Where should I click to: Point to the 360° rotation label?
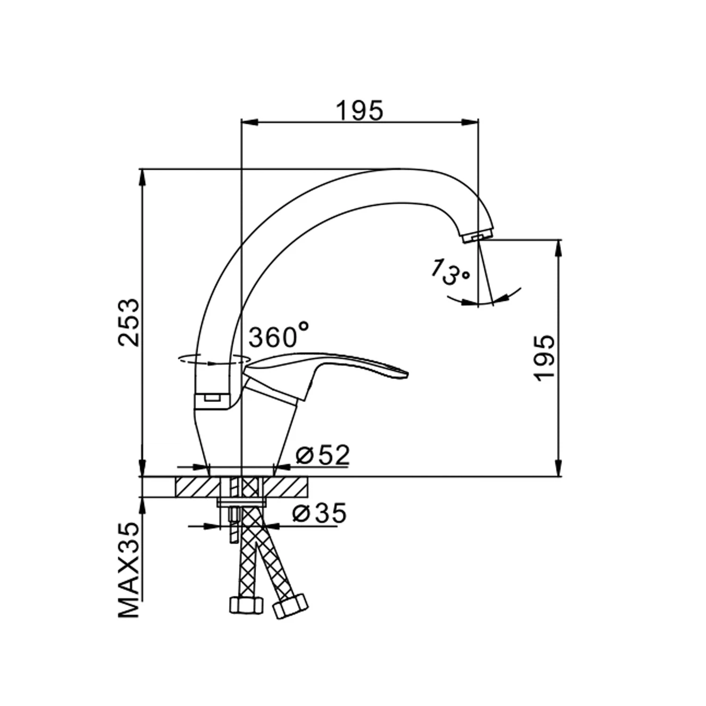tap(279, 335)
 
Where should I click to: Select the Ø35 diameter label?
tap(319, 513)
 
